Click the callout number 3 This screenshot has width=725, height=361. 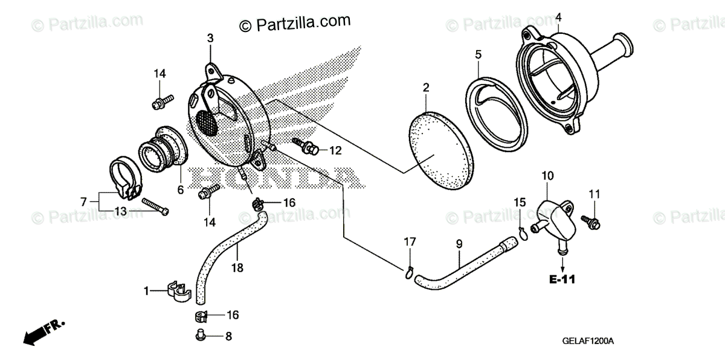210,38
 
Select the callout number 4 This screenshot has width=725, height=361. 558,16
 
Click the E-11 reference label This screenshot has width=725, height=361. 562,280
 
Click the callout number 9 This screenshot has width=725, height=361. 459,244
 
